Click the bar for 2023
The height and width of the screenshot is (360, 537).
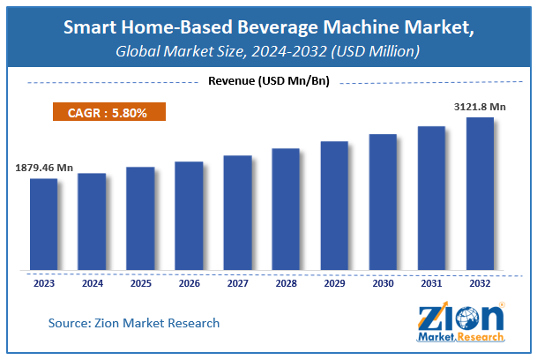click(x=43, y=224)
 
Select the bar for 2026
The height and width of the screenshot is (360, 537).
click(x=189, y=215)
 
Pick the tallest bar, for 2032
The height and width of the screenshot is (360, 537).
click(x=480, y=193)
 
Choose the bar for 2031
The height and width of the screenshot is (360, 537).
click(x=431, y=198)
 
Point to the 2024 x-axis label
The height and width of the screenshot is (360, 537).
click(x=92, y=284)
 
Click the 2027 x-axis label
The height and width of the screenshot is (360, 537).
click(x=237, y=284)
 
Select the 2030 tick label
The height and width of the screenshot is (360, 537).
click(x=383, y=284)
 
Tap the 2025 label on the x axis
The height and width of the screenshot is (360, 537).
click(x=140, y=284)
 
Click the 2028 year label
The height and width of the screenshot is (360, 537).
click(x=286, y=284)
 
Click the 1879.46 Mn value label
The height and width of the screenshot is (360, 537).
click(x=44, y=167)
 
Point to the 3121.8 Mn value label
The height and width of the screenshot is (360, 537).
click(x=480, y=106)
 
